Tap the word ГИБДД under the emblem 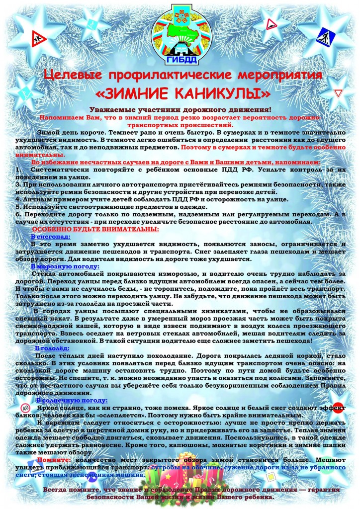(180, 61)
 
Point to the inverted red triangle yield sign (339, 94)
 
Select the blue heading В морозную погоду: (65, 266)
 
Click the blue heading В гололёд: (52, 348)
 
